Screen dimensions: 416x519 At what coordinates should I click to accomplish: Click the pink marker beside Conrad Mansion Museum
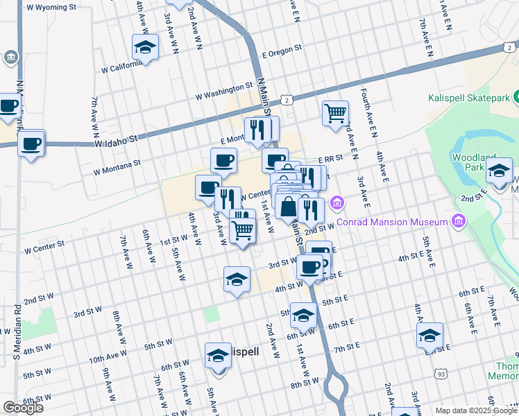click(x=457, y=221)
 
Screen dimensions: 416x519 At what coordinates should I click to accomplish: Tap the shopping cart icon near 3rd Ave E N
click(x=335, y=112)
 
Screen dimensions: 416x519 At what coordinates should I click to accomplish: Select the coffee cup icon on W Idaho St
click(x=31, y=144)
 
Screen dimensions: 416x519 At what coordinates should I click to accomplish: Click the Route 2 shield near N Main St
click(x=286, y=101)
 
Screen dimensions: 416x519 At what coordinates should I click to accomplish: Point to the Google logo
click(x=23, y=408)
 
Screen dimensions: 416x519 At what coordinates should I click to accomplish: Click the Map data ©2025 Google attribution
click(x=477, y=410)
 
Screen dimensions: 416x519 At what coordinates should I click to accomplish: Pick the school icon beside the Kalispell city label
click(x=218, y=356)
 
